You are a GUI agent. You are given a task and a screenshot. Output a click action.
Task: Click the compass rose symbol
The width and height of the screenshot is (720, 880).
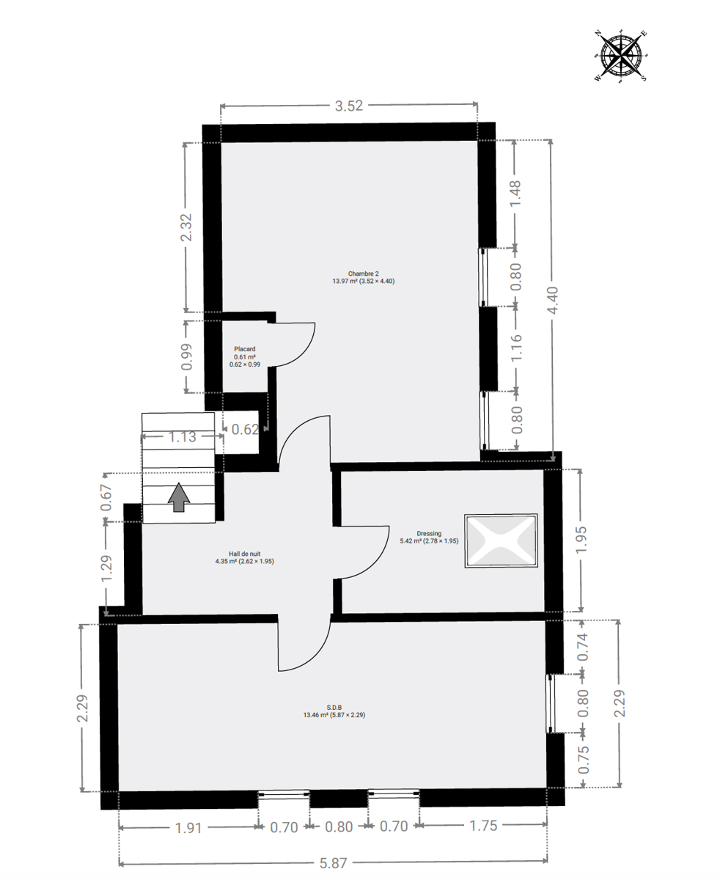point(621,56)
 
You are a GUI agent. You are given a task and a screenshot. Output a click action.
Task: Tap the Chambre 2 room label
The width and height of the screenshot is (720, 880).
point(364,277)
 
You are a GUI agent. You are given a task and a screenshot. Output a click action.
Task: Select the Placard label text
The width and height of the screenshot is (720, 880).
point(244,349)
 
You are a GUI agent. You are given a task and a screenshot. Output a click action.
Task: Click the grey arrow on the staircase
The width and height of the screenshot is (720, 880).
point(179,497)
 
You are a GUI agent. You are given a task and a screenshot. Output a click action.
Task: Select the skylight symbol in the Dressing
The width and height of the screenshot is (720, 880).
point(501,540)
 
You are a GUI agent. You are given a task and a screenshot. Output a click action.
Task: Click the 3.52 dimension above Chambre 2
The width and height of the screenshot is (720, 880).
point(349,106)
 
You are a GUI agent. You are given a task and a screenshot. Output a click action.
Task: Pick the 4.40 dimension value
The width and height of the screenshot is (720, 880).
point(553,301)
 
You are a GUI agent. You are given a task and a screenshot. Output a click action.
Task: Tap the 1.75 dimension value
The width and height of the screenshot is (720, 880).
point(483,826)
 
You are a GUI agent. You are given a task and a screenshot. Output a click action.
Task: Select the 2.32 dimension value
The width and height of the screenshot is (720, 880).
point(186,227)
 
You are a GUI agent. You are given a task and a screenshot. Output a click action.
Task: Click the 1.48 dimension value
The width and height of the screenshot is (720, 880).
point(516,193)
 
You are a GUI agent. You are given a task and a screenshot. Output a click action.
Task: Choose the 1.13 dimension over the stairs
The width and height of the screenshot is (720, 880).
point(182,437)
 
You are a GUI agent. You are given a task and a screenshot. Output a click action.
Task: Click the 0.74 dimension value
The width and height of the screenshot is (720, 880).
point(583,646)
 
